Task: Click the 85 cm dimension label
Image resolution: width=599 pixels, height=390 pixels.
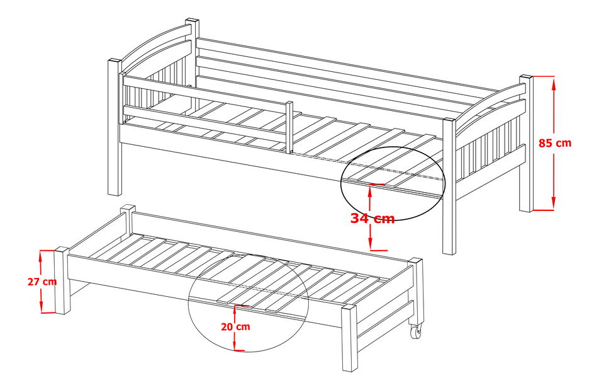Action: (555, 143)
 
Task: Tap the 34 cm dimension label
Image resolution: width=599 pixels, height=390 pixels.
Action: (372, 219)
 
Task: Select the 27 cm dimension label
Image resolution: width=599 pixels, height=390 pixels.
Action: (42, 282)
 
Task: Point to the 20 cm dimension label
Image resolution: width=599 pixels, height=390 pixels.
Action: (235, 326)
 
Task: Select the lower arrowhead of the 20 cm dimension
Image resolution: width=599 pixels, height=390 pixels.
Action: (235, 343)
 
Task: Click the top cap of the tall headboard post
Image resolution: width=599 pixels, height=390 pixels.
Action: (192, 21)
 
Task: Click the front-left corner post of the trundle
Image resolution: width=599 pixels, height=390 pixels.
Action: (62, 280)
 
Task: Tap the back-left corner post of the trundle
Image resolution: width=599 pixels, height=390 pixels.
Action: (128, 219)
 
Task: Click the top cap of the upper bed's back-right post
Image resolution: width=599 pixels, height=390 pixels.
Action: (525, 77)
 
